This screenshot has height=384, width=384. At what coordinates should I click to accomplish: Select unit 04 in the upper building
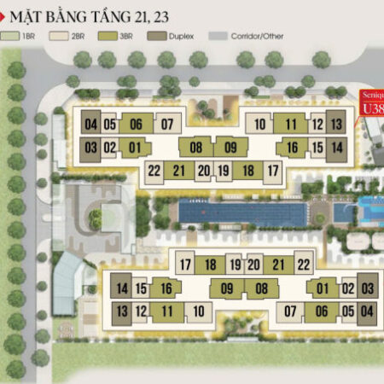(x=92, y=124)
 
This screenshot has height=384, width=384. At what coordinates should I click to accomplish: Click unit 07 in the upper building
(x=168, y=124)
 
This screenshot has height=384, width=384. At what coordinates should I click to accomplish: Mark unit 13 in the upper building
(x=336, y=124)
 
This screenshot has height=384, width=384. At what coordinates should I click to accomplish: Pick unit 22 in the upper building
(x=154, y=171)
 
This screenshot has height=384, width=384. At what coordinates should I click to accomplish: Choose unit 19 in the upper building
(x=224, y=171)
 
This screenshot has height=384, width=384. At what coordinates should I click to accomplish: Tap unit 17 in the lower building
(x=186, y=264)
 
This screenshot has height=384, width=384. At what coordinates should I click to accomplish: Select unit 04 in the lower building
(x=367, y=311)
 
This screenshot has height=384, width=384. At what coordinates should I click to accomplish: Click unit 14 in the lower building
(x=122, y=288)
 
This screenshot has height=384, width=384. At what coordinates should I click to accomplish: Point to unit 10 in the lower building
(x=198, y=311)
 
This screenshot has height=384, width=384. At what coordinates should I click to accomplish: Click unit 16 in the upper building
(x=291, y=147)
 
